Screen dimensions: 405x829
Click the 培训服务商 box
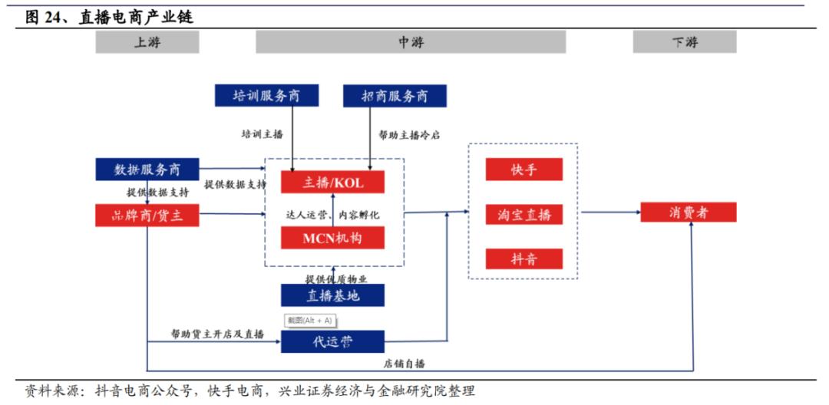[266, 96]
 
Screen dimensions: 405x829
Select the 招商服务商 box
[395, 96]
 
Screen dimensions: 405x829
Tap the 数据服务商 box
[147, 170]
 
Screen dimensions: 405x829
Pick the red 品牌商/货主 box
[147, 216]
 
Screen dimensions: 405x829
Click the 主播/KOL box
[332, 183]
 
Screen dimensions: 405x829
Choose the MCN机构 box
[332, 238]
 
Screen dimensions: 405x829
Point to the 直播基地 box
[332, 295]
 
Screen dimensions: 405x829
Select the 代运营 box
[332, 341]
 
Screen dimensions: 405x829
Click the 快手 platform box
[523, 170]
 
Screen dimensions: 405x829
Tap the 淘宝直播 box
[523, 215]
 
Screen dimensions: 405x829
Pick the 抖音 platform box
[523, 259]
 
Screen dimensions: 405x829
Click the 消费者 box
[689, 212]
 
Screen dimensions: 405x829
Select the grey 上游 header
[147, 42]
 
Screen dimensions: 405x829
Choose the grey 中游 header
[411, 42]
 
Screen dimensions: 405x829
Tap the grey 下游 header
[685, 42]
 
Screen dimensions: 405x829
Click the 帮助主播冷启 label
[409, 135]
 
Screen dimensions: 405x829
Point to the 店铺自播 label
[405, 364]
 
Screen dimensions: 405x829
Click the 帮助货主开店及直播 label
[217, 334]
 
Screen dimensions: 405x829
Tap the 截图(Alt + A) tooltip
[309, 320]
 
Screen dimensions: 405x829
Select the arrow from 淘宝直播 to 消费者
[610, 212]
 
